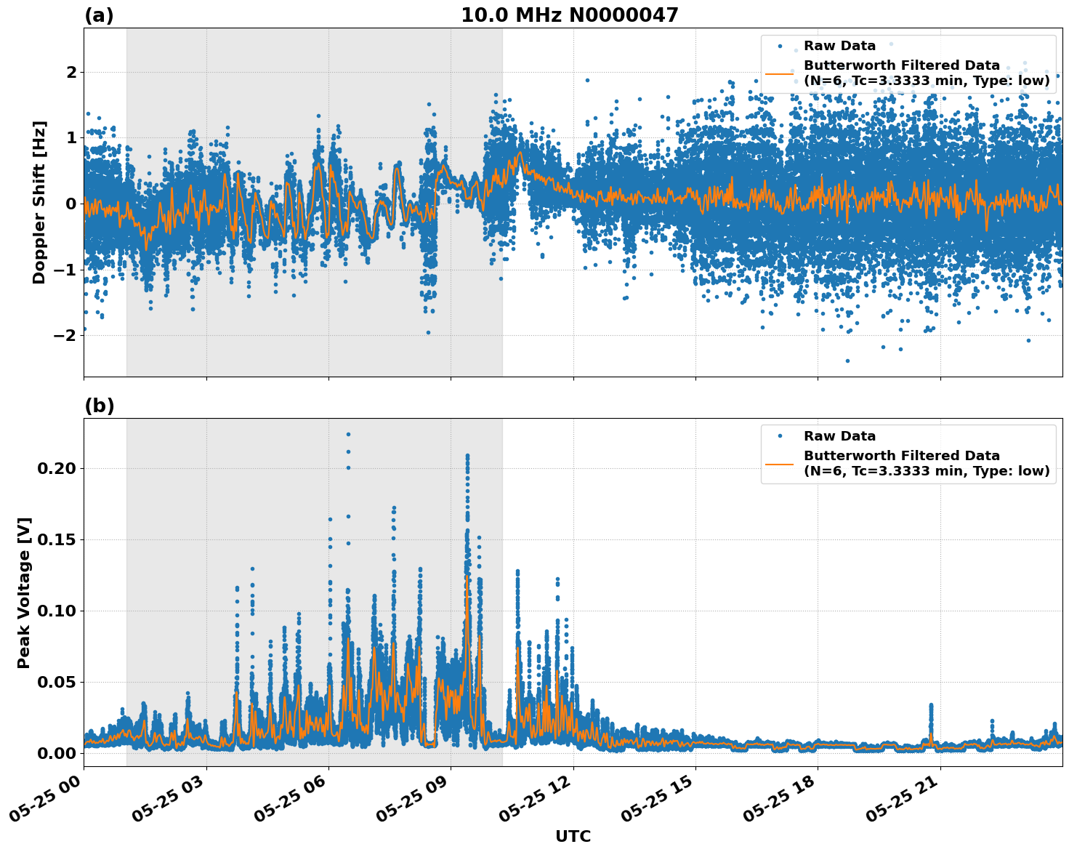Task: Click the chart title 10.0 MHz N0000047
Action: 569,15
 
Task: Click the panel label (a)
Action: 99,15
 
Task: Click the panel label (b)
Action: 99,406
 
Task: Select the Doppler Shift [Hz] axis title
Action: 39,202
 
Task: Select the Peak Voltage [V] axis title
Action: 24,592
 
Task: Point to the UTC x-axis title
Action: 573,836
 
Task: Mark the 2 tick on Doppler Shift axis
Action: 71,72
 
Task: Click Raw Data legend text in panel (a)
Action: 839,46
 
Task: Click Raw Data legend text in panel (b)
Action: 839,436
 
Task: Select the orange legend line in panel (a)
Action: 780,73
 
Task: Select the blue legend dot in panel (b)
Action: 780,436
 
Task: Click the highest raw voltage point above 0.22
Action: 348,435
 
